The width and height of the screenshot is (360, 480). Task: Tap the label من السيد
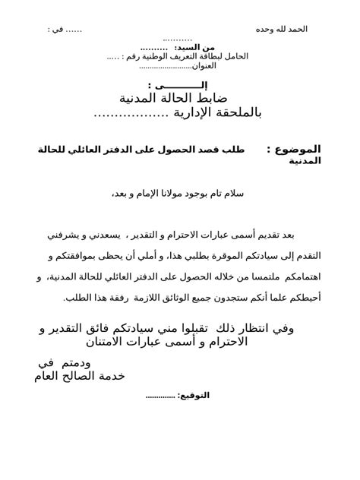pos(199,47)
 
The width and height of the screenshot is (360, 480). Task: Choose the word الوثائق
pos(169,298)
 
